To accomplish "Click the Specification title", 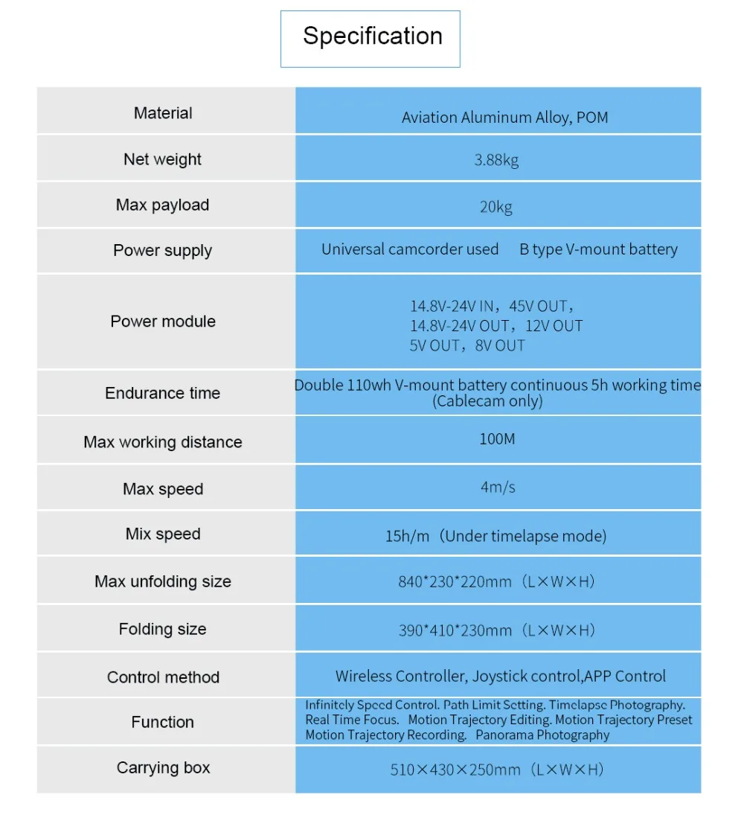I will click(x=372, y=36).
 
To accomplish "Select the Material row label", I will click(x=163, y=113).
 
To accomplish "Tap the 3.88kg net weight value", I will click(x=496, y=160).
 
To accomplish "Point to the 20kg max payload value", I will click(x=496, y=206).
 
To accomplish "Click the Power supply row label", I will click(x=163, y=251).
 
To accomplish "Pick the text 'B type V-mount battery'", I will click(x=598, y=249).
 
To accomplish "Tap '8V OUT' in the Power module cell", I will click(x=500, y=345).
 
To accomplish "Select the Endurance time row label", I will click(x=163, y=393).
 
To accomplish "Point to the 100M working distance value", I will click(x=496, y=439).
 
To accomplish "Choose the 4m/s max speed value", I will click(x=497, y=488).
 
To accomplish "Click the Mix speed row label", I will click(x=163, y=534).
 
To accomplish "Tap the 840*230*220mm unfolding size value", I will click(x=455, y=582).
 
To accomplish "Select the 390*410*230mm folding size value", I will click(x=455, y=630).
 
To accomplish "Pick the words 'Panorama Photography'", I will click(x=542, y=735).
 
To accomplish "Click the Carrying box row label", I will click(x=163, y=768).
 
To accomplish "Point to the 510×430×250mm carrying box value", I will click(x=455, y=770).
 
